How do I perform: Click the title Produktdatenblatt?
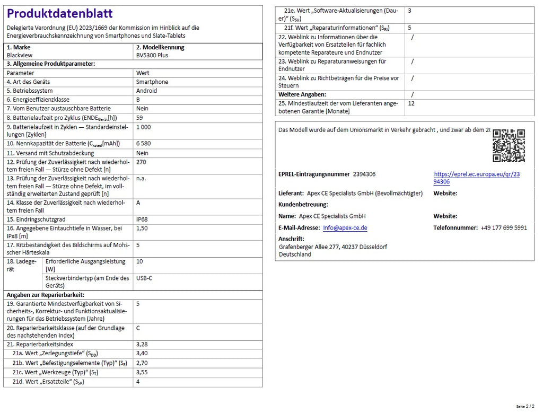(x=60, y=14)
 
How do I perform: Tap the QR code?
(x=509, y=145)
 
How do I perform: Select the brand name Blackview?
(x=20, y=55)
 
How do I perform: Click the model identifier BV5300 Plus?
(x=152, y=55)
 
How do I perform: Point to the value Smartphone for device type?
(x=152, y=82)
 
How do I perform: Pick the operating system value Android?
(x=147, y=91)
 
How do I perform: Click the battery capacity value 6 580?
(x=144, y=144)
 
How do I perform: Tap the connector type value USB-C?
(x=144, y=278)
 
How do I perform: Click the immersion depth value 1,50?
(x=142, y=228)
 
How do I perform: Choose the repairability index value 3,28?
(x=142, y=345)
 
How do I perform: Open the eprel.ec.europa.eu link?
(x=476, y=178)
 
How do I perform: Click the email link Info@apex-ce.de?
(x=345, y=228)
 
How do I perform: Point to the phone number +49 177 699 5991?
(x=504, y=228)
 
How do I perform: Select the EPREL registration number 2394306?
(x=364, y=174)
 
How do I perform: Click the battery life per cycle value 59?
(x=139, y=118)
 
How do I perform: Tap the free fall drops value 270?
(x=141, y=162)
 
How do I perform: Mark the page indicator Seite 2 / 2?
(x=526, y=407)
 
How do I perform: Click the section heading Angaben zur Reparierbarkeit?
(x=45, y=295)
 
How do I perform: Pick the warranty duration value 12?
(x=411, y=104)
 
